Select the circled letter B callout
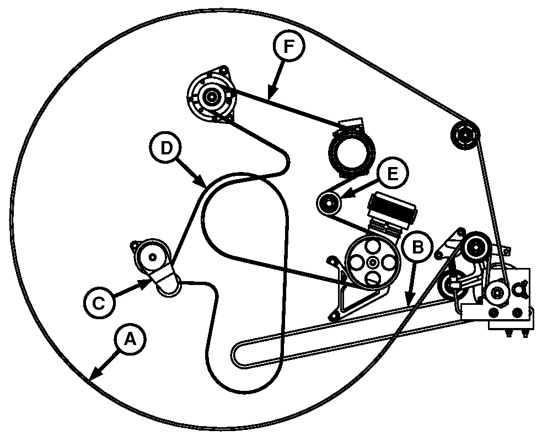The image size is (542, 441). tap(418, 247)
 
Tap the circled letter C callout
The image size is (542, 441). tap(99, 303)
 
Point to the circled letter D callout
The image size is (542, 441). tap(166, 148)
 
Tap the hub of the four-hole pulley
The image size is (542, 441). tap(373, 263)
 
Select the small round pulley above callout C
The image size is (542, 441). tap(152, 257)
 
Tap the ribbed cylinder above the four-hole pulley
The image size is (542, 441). tap(393, 210)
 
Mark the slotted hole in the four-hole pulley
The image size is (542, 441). tap(372, 278)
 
